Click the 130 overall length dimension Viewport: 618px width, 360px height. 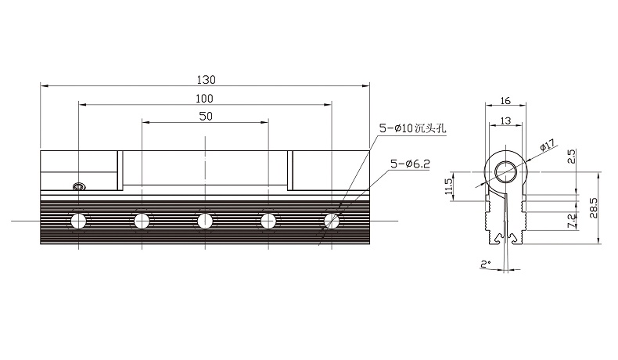[x=207, y=80]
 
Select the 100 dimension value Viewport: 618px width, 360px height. [x=204, y=99]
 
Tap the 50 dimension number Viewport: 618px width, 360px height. [x=206, y=117]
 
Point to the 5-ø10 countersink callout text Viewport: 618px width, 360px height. [x=413, y=128]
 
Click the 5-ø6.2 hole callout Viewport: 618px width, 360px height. [x=410, y=164]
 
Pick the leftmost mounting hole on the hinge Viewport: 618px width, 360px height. [x=79, y=221]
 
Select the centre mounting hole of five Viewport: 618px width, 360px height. [x=205, y=221]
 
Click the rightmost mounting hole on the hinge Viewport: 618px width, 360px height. [x=332, y=221]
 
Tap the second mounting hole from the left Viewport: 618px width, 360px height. [x=142, y=221]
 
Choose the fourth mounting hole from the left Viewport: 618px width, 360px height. [x=268, y=221]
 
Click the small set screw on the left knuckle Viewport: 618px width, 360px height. [x=79, y=186]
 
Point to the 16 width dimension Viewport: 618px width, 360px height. [x=505, y=101]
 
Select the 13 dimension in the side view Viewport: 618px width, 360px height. [x=505, y=121]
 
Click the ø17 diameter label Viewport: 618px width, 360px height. [x=548, y=145]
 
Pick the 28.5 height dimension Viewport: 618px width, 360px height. [x=594, y=208]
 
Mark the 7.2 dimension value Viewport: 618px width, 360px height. [x=572, y=221]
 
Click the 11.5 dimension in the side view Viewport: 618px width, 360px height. [x=448, y=186]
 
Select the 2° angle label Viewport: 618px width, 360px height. [x=486, y=264]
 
